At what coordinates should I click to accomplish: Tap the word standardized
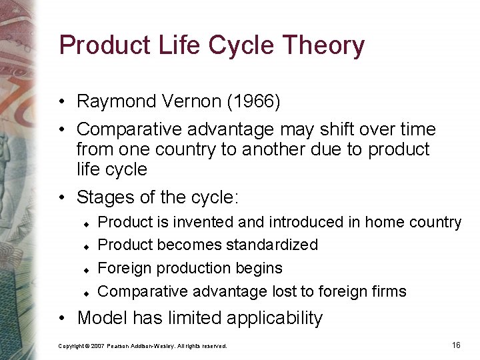(272, 245)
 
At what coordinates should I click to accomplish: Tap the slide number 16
(456, 345)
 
